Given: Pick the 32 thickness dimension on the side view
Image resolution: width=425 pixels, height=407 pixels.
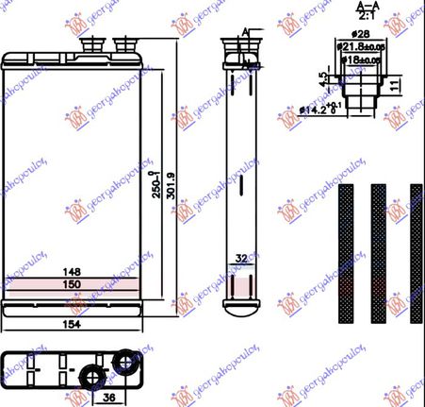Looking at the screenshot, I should (x=240, y=257).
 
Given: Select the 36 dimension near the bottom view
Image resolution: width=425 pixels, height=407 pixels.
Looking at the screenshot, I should (x=109, y=398).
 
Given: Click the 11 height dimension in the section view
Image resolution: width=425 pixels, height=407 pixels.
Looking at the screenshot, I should (x=396, y=86).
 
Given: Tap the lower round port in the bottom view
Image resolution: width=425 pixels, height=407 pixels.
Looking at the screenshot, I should (x=93, y=376).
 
